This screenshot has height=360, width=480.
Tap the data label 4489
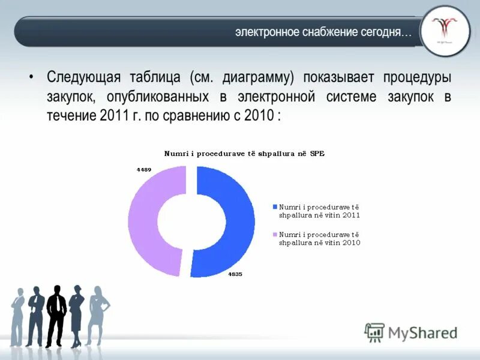[144, 170]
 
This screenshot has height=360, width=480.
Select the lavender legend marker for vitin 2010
[275, 235]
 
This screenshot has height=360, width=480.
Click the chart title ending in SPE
[244, 154]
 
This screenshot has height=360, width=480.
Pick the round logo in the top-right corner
[445, 31]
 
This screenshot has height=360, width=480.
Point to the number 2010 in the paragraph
[258, 116]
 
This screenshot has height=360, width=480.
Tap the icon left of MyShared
[375, 332]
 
